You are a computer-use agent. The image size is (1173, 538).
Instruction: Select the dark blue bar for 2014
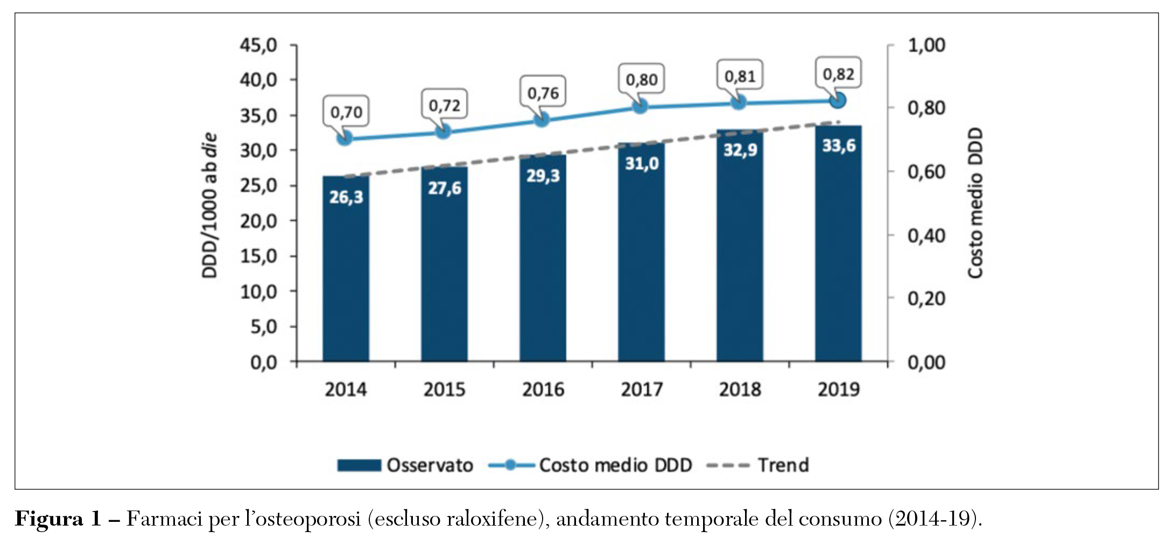[x=346, y=269]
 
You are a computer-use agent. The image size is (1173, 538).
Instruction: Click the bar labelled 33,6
[x=838, y=248]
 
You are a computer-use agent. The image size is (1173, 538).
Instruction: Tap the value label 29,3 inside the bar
[x=543, y=176]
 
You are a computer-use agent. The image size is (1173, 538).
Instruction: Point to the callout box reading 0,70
[x=346, y=112]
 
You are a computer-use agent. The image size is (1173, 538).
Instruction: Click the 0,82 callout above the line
[x=838, y=73]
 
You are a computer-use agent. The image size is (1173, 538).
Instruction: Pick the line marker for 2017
[x=640, y=106]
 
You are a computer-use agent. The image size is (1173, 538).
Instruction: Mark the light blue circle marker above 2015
[x=443, y=131]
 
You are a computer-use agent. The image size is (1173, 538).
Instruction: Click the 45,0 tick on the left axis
[x=258, y=45]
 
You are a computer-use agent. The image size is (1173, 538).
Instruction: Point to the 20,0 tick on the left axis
[x=258, y=221]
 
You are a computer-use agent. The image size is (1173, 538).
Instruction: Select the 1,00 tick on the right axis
[x=926, y=45]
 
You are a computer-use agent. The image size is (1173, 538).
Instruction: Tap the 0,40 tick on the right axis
[x=926, y=235]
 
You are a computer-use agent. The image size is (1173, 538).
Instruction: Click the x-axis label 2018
[x=740, y=389]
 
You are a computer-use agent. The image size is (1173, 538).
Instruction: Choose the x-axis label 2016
[x=543, y=389]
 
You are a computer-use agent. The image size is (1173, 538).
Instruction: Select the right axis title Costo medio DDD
[x=975, y=203]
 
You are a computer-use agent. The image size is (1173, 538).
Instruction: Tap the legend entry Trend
[x=783, y=465]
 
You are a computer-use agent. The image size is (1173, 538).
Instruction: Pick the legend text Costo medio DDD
[x=615, y=465]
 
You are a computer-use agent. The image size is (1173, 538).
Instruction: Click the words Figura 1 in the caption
[x=58, y=519]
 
